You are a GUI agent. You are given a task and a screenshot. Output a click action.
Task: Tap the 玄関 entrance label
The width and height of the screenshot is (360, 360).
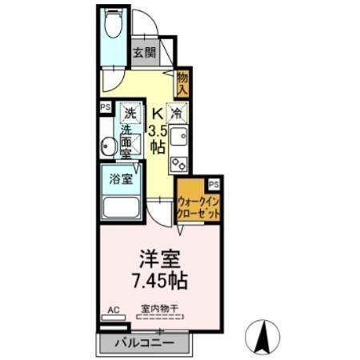click(144, 54)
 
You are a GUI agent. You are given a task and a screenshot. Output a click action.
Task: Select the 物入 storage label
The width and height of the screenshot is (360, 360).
click(182, 83)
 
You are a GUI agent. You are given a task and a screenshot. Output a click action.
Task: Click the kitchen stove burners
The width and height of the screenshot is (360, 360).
click(179, 162)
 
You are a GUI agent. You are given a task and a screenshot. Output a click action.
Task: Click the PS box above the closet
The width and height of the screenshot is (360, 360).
click(211, 184)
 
